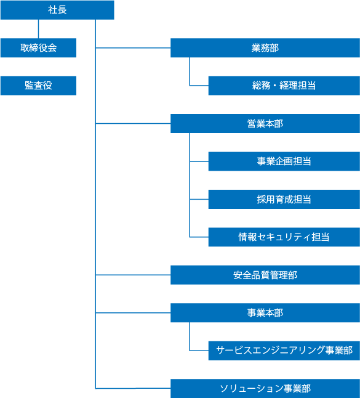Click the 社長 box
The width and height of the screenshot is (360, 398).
[x=57, y=10]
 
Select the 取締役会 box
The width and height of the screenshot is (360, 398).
[x=38, y=47]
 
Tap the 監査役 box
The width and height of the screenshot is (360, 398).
[x=38, y=86]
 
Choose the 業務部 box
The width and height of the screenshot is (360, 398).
[x=265, y=47]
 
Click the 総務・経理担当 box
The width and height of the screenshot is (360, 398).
[x=284, y=86]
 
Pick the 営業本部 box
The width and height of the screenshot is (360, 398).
[x=265, y=123]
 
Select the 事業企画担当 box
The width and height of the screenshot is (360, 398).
[x=284, y=161]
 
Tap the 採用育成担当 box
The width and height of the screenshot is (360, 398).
[x=284, y=199]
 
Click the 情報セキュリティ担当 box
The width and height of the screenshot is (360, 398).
[x=284, y=237]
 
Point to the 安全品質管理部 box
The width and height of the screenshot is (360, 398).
[x=265, y=275]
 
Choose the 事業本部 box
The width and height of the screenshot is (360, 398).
[x=265, y=313]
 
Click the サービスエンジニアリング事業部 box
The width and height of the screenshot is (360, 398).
[x=284, y=351]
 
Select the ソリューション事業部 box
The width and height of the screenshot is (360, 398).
[x=265, y=388]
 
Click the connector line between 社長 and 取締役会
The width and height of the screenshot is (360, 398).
[x=39, y=29]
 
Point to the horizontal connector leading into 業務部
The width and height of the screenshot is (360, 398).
[x=133, y=47]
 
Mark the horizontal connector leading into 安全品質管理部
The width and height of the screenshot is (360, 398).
[x=133, y=275]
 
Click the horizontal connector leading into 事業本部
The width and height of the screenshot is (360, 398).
[x=133, y=313]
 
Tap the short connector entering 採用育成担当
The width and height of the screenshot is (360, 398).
[x=199, y=199]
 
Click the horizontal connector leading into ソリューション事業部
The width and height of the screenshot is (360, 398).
[x=133, y=388]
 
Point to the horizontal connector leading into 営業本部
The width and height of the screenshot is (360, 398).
[x=133, y=123]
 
